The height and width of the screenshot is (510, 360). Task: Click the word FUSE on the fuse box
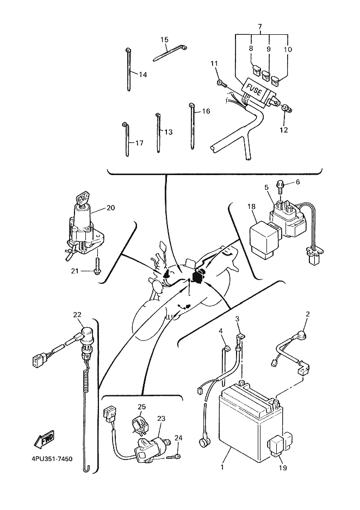pos(253,89)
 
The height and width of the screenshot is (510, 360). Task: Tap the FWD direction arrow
pos(44,439)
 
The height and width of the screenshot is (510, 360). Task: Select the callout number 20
pos(110,208)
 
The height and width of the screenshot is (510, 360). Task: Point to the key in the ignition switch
pos(82,199)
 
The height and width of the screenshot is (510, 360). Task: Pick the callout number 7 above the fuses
pos(260,27)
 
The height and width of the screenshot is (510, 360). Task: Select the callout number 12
pos(283,130)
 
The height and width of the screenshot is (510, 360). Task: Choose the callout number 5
pos(266,188)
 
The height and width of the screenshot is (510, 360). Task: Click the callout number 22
pos(77,314)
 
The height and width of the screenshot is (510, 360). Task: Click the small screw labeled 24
pos(173,457)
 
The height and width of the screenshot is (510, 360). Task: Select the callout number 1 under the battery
pos(222,468)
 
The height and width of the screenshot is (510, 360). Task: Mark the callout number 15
pos(165,40)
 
